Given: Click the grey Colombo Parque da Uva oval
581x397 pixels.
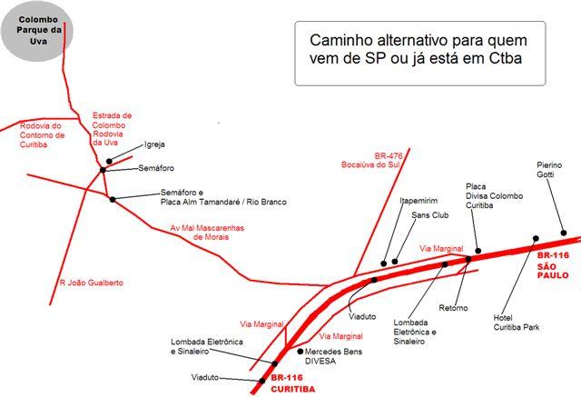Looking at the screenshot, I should click(x=37, y=36).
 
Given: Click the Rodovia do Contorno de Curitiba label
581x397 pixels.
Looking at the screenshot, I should click(x=41, y=135).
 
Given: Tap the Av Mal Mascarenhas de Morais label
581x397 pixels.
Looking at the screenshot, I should click(x=210, y=233).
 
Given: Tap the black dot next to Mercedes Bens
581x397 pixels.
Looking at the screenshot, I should click(x=300, y=351).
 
